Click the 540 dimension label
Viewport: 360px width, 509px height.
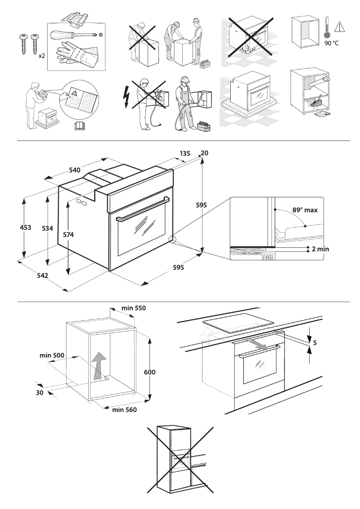tap(75, 170)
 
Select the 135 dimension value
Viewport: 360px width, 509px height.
tap(185, 153)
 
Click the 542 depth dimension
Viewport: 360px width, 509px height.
tap(43, 275)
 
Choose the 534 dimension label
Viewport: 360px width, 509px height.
tap(47, 228)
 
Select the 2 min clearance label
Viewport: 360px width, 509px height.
tap(320, 249)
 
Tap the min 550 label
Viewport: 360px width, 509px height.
tap(134, 308)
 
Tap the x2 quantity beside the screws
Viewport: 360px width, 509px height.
tap(42, 56)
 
